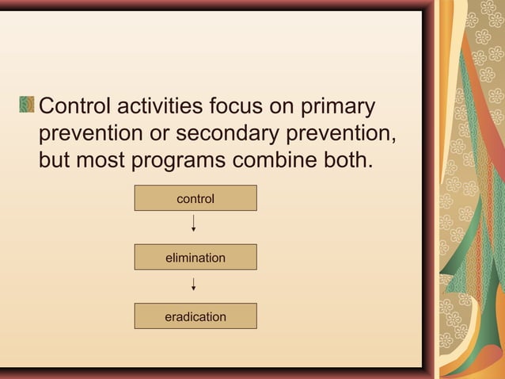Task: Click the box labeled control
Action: click(x=196, y=198)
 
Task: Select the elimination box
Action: click(x=196, y=258)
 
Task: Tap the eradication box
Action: click(x=196, y=316)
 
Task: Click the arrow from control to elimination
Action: click(x=194, y=224)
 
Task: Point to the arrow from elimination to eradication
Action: click(x=194, y=284)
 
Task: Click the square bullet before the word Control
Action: click(x=28, y=105)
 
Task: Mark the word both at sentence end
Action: click(x=347, y=159)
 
